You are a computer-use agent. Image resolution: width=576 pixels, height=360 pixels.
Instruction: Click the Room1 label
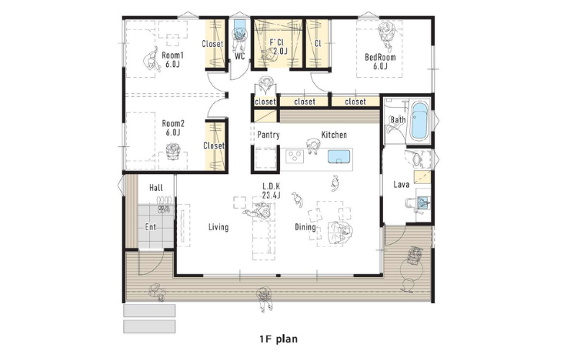(172, 60)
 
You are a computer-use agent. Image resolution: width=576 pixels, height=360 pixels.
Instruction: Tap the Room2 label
(173, 127)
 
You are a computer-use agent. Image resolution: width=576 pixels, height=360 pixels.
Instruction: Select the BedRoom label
(380, 61)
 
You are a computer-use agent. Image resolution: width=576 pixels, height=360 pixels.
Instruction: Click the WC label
(240, 56)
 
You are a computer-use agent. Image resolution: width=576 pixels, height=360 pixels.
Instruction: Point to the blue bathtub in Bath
(420, 120)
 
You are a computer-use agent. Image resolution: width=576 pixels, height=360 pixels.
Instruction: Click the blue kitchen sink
(338, 156)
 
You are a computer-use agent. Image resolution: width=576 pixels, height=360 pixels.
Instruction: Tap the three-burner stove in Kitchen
(295, 156)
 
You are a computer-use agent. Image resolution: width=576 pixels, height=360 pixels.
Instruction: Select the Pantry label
(268, 135)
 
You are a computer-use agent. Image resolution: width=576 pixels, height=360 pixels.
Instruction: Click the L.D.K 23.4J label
(271, 191)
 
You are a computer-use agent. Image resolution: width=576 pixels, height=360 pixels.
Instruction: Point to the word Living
(218, 227)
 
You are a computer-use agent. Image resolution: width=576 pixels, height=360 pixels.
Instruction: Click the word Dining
(305, 227)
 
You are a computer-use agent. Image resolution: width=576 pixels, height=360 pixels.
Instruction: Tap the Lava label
(401, 184)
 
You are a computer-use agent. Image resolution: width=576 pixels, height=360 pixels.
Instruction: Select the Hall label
(156, 188)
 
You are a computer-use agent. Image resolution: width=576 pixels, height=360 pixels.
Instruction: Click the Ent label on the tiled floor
(150, 227)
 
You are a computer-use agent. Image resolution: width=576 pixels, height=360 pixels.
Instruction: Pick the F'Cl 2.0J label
(279, 47)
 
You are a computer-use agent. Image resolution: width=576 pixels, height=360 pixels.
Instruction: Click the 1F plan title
(279, 338)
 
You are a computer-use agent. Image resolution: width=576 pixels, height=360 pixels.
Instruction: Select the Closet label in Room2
(214, 146)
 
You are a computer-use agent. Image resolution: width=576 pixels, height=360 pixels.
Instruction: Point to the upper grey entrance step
(149, 310)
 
